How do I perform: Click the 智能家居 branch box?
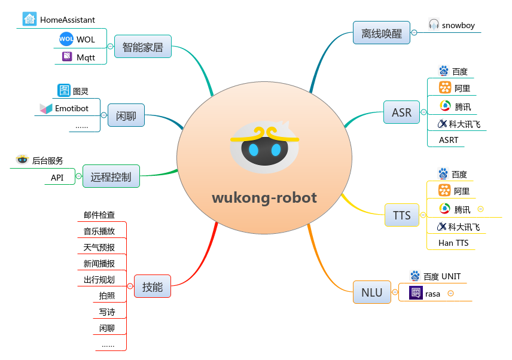[x=142, y=47]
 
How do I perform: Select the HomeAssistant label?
[x=67, y=20]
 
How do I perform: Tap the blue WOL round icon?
[x=66, y=39]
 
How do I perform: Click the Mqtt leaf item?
[x=86, y=57]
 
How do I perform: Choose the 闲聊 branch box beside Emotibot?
[x=126, y=115]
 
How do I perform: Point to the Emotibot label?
[x=72, y=109]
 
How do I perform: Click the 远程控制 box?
[x=111, y=176]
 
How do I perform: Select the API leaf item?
[x=57, y=178]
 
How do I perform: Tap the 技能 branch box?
[x=153, y=287]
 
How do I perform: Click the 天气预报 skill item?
[x=99, y=248]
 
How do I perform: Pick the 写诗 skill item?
[x=107, y=312]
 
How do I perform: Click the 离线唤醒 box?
[x=382, y=32]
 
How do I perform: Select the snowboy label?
[x=459, y=25]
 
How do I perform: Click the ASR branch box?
[x=401, y=112]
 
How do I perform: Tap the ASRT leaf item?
[x=449, y=140]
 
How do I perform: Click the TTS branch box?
[x=402, y=215]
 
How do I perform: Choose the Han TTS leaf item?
[x=453, y=243]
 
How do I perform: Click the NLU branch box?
[x=371, y=292]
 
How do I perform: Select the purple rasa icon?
[x=416, y=293]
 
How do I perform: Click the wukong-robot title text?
[x=264, y=197]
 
